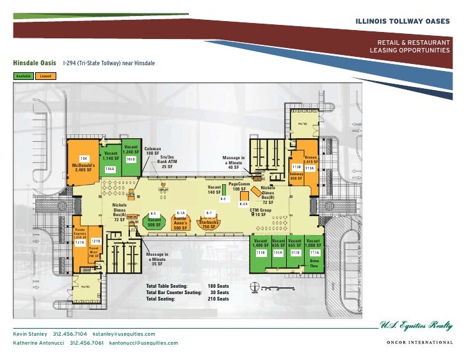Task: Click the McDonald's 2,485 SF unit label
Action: pos(84,168)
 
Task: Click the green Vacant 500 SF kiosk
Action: pos(154,223)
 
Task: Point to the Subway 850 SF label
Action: pos(296,176)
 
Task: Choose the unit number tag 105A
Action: pos(110,169)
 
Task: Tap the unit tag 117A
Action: pos(314,253)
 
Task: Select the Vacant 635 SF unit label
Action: pos(278,243)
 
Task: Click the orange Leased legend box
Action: pos(45,76)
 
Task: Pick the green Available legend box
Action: pos(21,76)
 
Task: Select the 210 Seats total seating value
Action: pos(218,299)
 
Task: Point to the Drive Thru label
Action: pos(314,264)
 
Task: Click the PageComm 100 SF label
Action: pos(239,186)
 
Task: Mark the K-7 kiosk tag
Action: pos(209,213)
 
